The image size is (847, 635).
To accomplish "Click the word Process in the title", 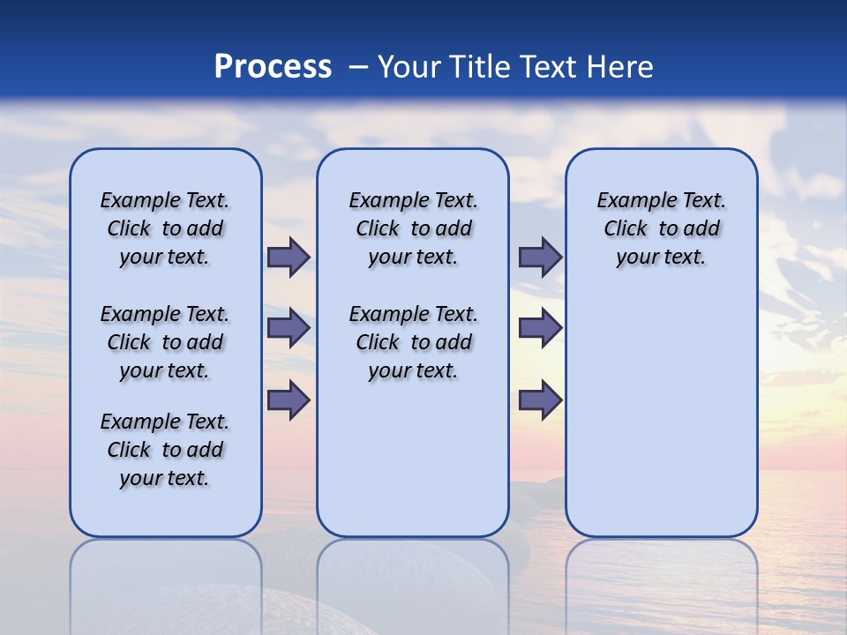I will pyautogui.click(x=273, y=66).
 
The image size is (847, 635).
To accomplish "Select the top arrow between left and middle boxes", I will pyautogui.click(x=289, y=257).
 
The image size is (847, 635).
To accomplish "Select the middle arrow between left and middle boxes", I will pyautogui.click(x=289, y=328).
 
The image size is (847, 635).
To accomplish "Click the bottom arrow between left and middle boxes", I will pyautogui.click(x=289, y=400).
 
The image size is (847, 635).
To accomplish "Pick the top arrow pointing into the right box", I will pyautogui.click(x=540, y=257).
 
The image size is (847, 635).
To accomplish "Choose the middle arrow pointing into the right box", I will pyautogui.click(x=540, y=328).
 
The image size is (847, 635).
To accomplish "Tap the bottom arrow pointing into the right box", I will pyautogui.click(x=540, y=400).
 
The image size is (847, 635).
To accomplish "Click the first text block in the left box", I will pyautogui.click(x=165, y=228).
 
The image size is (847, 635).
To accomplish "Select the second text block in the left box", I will pyautogui.click(x=165, y=342).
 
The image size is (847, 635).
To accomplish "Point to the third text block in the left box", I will pyautogui.click(x=165, y=450).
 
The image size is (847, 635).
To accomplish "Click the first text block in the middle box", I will pyautogui.click(x=413, y=228).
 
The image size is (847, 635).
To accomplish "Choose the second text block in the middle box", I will pyautogui.click(x=413, y=342).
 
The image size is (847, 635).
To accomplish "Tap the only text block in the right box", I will pyautogui.click(x=661, y=228).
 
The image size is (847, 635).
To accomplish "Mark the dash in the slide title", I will pyautogui.click(x=358, y=67).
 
